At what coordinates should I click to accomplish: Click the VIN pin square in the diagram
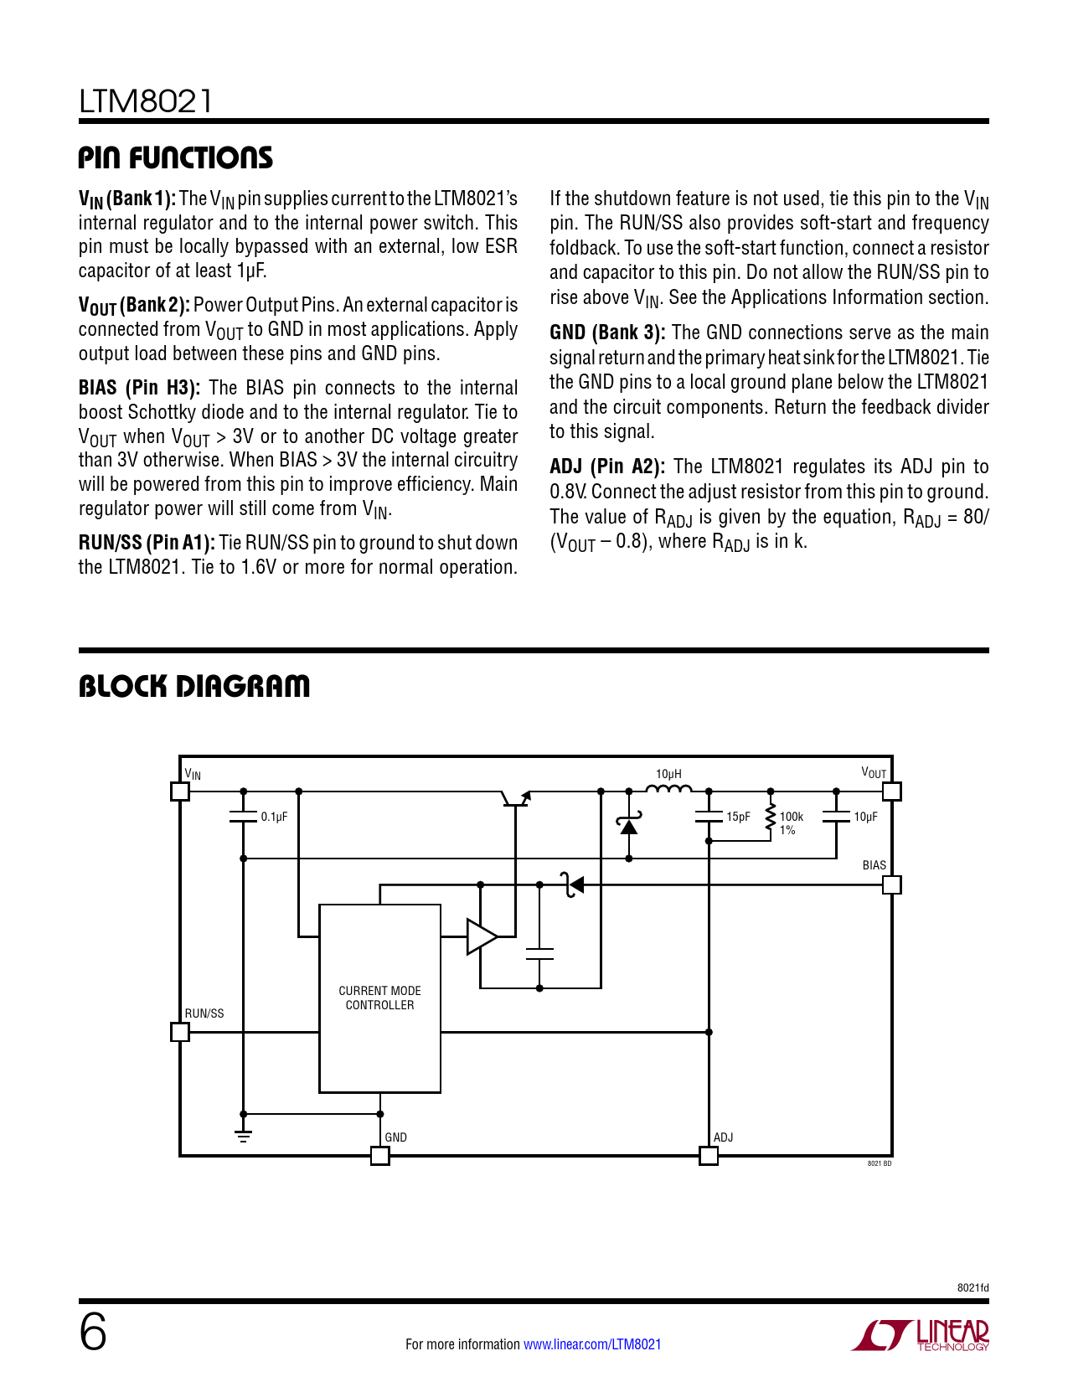[180, 791]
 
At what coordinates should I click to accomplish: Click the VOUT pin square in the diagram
[892, 791]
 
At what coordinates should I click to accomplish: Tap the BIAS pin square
[892, 884]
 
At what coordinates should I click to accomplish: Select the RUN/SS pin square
[180, 1032]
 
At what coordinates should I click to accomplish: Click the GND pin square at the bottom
[380, 1156]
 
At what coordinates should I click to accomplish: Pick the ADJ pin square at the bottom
[709, 1156]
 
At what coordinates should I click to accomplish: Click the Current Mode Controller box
[379, 998]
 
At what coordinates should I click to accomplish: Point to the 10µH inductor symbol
[668, 788]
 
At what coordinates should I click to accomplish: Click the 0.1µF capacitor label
[274, 817]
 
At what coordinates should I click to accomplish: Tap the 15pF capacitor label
[738, 817]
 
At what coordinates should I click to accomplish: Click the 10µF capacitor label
[865, 817]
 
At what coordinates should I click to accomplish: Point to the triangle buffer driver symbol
[481, 936]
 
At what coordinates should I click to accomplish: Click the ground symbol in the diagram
[244, 1136]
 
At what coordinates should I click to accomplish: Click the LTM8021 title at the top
[146, 101]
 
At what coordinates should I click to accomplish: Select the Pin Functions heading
[175, 157]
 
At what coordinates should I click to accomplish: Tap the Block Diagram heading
[193, 686]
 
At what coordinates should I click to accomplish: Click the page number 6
[93, 1332]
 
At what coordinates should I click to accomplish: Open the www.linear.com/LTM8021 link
[592, 1344]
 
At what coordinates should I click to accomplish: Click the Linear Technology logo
[921, 1335]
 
